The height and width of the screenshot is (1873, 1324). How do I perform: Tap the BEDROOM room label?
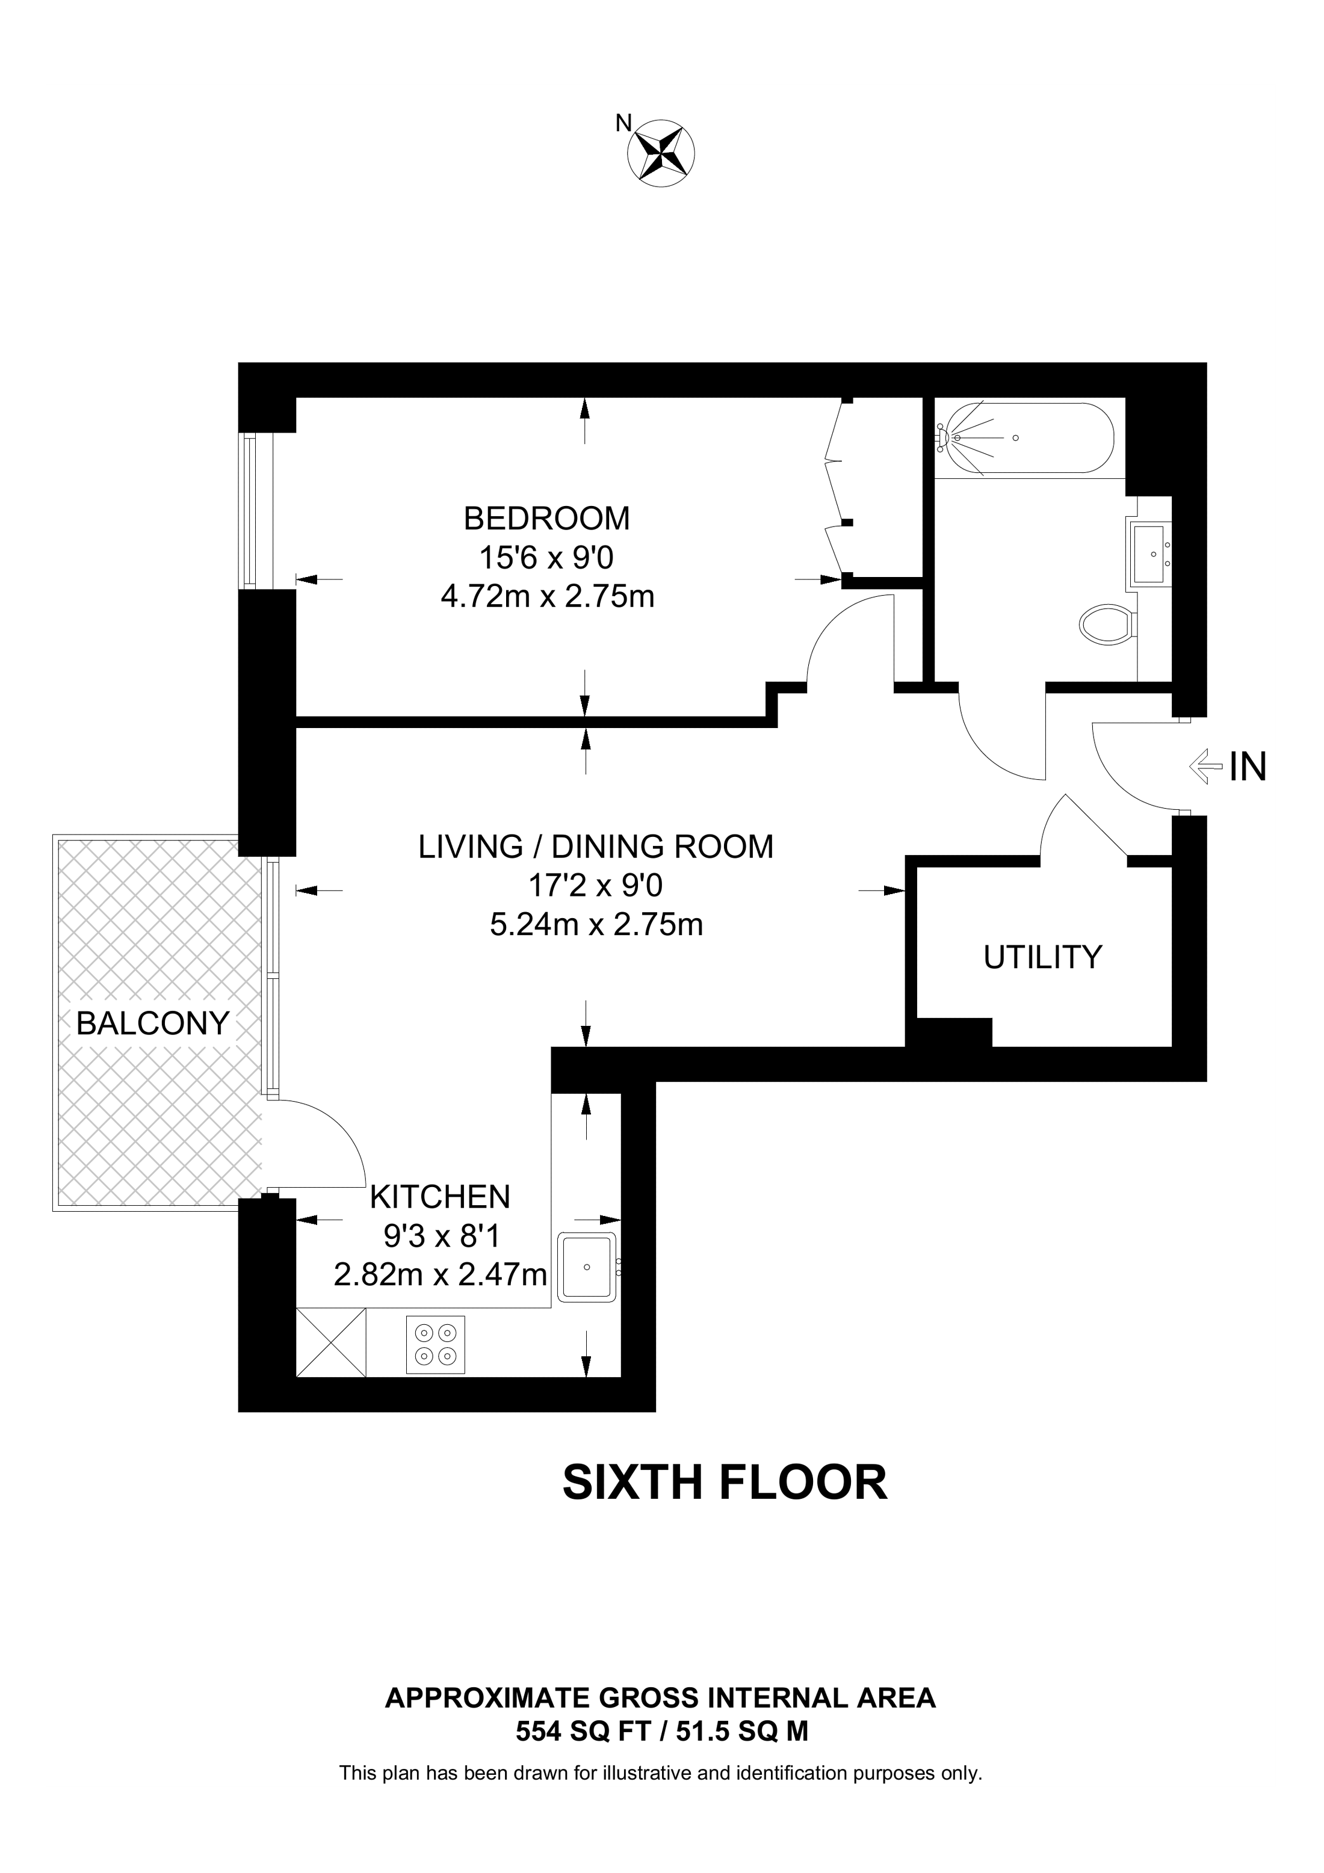click(x=546, y=518)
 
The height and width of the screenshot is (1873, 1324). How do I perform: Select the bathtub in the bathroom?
click(x=1024, y=438)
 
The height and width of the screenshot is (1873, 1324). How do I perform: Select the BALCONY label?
click(x=152, y=1023)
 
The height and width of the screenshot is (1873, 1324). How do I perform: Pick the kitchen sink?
click(x=587, y=1267)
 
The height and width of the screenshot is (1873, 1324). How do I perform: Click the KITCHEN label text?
click(x=440, y=1197)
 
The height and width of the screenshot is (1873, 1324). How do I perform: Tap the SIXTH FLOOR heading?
click(x=725, y=1483)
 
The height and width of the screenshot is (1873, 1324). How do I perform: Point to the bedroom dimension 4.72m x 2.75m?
click(x=548, y=597)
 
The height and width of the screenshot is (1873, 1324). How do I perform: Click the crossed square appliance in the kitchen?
click(x=331, y=1343)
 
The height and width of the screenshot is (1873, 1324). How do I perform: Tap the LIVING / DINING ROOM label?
click(x=596, y=847)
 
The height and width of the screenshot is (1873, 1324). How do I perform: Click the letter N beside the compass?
click(x=623, y=123)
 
